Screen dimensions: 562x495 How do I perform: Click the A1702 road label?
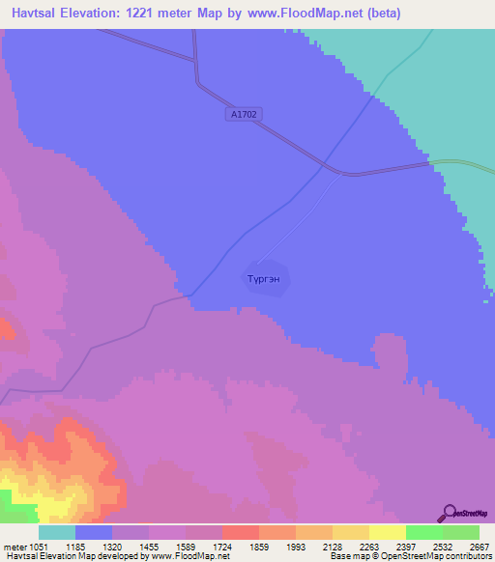(x=246, y=114)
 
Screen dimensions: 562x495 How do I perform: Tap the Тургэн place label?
(x=265, y=277)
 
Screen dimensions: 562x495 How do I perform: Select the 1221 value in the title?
(x=153, y=14)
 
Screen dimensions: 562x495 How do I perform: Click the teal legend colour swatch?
(x=57, y=532)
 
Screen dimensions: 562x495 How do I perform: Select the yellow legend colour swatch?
(x=387, y=532)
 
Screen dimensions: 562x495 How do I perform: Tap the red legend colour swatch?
(x=240, y=532)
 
